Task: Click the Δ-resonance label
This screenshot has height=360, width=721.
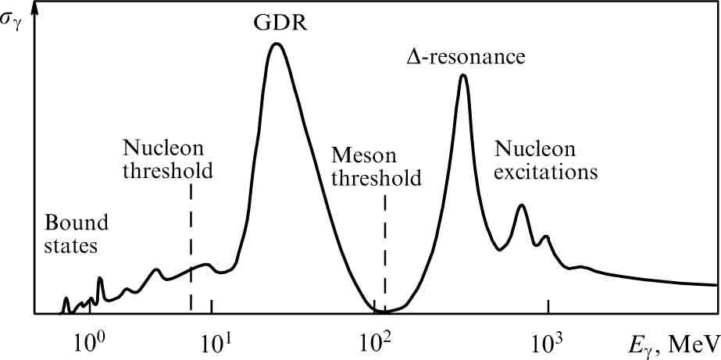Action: click(465, 57)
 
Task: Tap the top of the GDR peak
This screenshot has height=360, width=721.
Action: click(276, 44)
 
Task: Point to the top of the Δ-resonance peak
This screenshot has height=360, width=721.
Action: click(463, 76)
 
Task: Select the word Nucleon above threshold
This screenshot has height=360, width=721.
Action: click(162, 148)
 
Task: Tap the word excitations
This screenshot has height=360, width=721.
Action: click(547, 170)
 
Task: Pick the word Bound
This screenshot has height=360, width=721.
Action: click(75, 223)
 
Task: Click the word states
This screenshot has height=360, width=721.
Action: click(70, 247)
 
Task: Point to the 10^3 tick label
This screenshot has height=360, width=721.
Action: click(549, 341)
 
